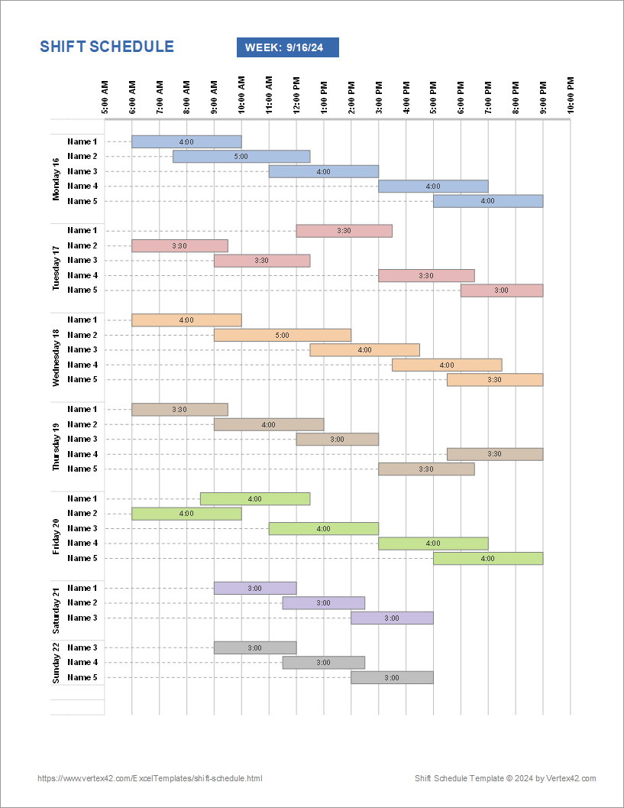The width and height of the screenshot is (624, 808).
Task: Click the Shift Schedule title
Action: pos(107,47)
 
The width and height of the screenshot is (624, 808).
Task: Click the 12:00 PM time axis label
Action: pos(296,95)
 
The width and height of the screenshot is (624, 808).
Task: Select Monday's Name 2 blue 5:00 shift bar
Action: pos(241,157)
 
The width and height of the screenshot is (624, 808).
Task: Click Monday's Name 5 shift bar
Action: pos(488,201)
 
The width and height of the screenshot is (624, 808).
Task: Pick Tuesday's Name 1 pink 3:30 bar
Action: pos(344,231)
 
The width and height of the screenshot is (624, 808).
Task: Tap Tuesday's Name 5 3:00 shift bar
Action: pos(502,290)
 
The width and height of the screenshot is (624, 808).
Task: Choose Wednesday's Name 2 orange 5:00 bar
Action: pos(283,335)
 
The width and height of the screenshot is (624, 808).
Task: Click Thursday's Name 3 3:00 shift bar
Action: pos(337,440)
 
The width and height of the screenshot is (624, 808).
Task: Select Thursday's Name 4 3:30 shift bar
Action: pos(495,454)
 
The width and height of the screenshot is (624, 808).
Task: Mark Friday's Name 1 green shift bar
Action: pos(255,499)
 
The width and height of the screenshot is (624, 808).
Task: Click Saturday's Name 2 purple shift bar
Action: pos(323,603)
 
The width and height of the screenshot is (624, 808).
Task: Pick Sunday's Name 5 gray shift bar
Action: pos(392,678)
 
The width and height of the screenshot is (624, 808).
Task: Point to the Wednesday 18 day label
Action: pos(56,358)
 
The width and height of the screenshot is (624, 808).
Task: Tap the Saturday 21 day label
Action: pos(56,610)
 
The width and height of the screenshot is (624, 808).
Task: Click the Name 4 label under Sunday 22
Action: pos(82,663)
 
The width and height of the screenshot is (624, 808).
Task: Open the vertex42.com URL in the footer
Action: pos(150,778)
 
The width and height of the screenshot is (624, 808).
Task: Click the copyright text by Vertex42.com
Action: pos(506,778)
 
